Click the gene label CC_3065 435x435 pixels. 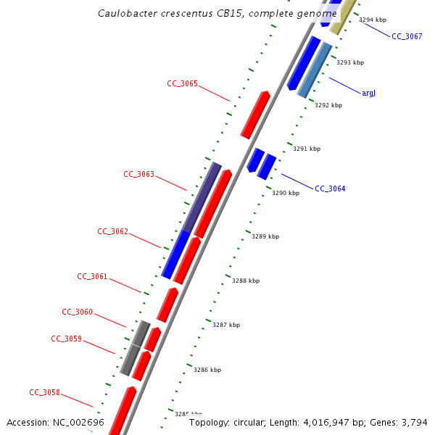coord(182,84)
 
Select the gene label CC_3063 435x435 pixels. coord(138,174)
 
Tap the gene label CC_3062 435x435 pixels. coord(112,232)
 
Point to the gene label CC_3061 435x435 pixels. coord(92,277)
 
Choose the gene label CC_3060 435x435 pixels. coord(77,312)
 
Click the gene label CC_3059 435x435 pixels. coord(66,339)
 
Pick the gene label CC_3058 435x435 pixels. coord(44,393)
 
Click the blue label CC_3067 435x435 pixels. coord(407,36)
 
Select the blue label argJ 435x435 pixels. coord(368,94)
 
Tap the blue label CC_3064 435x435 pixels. coord(330,189)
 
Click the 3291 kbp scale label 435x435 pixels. coord(306,149)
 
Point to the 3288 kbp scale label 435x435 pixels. coord(245,281)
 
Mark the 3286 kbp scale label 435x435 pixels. coord(207,370)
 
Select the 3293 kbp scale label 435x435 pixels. coord(350,63)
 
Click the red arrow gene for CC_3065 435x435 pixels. coord(255,115)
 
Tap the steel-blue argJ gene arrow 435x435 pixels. coord(315,70)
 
